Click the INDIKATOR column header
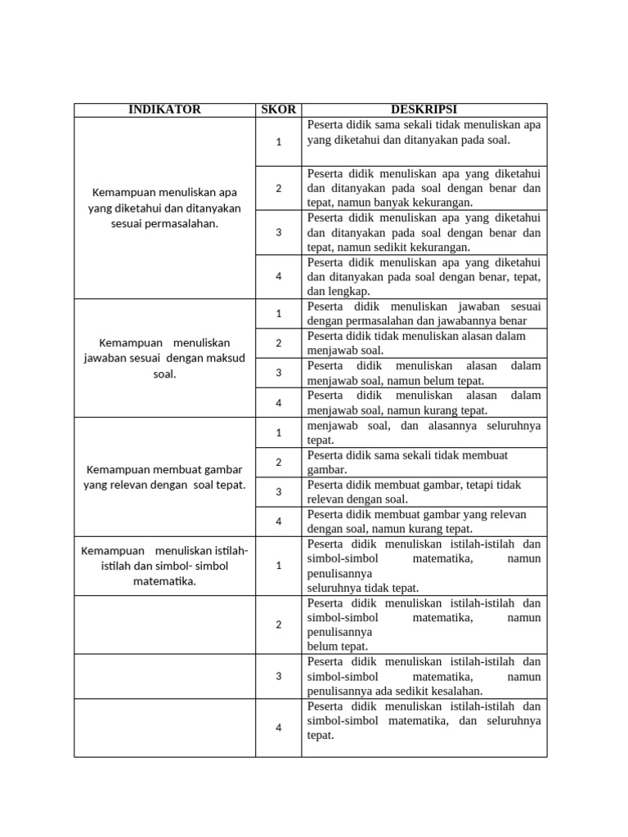[x=164, y=110]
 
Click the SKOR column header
[x=278, y=110]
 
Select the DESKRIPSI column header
[x=424, y=110]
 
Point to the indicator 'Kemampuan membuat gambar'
[x=164, y=469]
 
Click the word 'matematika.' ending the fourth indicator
[x=164, y=581]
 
